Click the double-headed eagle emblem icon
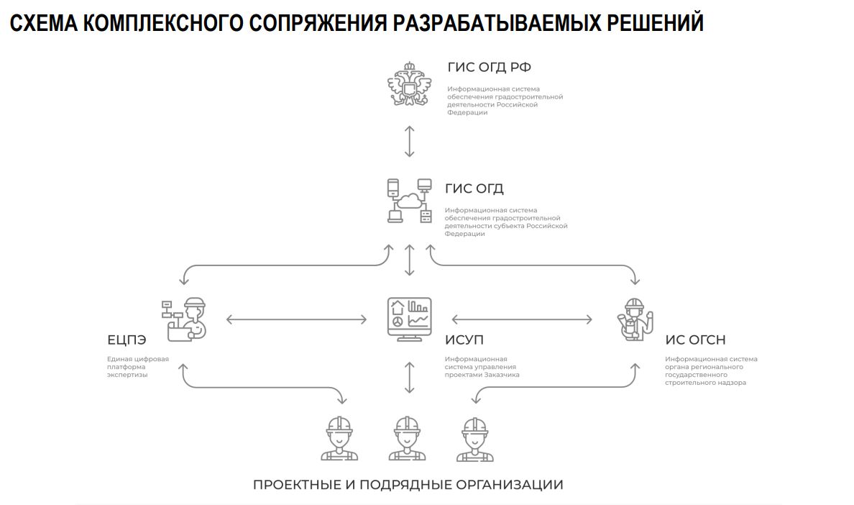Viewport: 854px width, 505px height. (409, 83)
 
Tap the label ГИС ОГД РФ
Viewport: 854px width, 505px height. (489, 67)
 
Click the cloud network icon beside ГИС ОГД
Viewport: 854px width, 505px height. (409, 201)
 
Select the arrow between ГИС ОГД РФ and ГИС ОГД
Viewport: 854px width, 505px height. (409, 142)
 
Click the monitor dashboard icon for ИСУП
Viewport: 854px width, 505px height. (409, 319)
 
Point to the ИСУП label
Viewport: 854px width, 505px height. (464, 340)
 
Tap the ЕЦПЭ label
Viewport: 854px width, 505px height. (127, 340)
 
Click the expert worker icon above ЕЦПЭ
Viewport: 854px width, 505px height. (184, 319)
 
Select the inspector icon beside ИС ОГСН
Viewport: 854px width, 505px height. (635, 319)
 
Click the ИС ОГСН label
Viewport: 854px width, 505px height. (696, 340)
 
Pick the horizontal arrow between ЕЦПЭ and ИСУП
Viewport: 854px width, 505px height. (296, 320)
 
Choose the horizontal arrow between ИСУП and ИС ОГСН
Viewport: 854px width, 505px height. (522, 320)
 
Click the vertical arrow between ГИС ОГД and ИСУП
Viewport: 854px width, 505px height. (409, 260)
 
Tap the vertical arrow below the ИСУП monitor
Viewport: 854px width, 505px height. (409, 378)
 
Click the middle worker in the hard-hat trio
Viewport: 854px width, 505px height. (407, 439)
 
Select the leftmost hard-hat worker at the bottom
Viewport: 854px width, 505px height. (339, 439)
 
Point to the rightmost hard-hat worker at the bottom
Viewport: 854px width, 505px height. (475, 439)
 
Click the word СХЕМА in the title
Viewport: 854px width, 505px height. (44, 23)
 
